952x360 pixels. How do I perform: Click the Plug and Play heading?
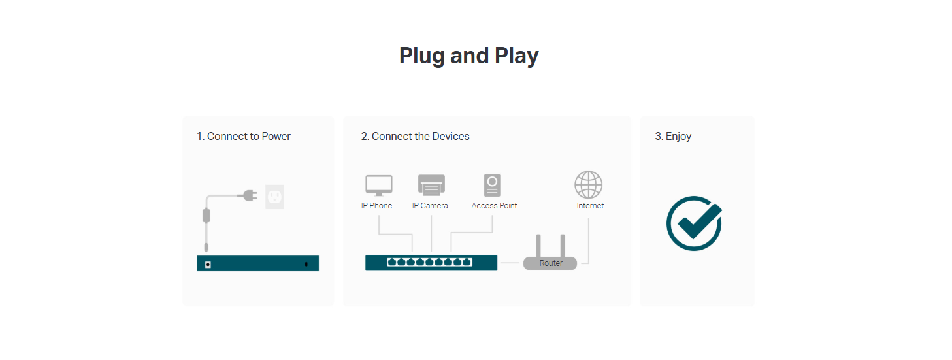click(x=468, y=56)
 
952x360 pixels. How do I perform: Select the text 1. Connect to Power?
click(x=244, y=137)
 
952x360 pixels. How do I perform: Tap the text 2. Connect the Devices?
click(x=415, y=137)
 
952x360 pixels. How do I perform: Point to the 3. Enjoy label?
click(x=673, y=137)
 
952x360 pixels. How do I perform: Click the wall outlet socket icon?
click(x=275, y=196)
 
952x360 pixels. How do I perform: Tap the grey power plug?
click(x=248, y=195)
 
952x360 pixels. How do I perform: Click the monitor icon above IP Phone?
click(x=379, y=186)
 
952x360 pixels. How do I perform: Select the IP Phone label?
click(x=376, y=206)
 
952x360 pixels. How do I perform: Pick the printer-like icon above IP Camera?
click(x=431, y=186)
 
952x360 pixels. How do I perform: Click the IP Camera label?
click(x=430, y=206)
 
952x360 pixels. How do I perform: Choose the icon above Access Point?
click(x=493, y=186)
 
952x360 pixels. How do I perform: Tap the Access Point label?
click(x=494, y=206)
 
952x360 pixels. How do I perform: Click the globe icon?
click(x=588, y=185)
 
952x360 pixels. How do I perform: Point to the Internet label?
click(x=590, y=206)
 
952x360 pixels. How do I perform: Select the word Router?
click(x=551, y=263)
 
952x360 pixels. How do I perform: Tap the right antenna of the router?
click(x=562, y=245)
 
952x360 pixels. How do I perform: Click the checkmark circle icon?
click(x=694, y=223)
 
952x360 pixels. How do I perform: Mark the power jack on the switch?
click(x=208, y=264)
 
